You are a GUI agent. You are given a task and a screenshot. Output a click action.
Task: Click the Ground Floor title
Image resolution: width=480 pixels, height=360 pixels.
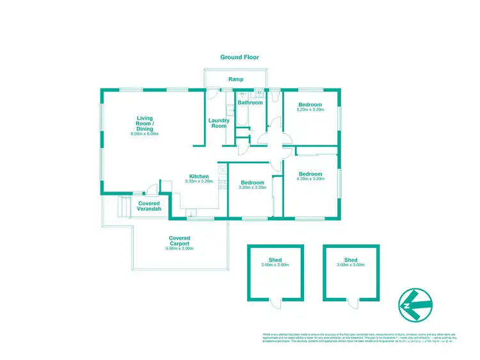tap(239, 57)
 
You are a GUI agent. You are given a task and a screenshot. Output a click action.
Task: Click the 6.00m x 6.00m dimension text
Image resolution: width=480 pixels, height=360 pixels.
tap(145, 134)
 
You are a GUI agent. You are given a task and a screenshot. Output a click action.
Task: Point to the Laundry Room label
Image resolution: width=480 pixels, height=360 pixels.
tap(218, 123)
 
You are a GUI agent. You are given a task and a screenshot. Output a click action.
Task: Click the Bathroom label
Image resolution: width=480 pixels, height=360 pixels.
tap(250, 102)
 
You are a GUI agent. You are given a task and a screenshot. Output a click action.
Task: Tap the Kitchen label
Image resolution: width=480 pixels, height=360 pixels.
tap(198, 176)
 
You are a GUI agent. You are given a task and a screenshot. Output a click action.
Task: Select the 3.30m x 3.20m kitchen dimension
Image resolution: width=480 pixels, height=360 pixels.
tap(198, 182)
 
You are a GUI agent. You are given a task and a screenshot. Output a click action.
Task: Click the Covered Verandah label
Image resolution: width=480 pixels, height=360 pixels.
tap(149, 206)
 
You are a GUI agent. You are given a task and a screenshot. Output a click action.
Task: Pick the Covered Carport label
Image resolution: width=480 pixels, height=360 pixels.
tap(179, 241)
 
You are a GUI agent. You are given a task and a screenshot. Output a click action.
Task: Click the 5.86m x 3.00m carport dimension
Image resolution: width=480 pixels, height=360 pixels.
tap(179, 248)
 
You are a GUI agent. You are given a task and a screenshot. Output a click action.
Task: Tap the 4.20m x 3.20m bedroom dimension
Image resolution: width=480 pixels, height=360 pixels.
tap(310, 179)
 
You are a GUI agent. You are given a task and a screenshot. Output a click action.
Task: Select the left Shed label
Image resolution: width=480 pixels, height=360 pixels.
tap(275, 259)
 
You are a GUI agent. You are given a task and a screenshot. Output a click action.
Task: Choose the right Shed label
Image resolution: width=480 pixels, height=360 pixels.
tap(350, 259)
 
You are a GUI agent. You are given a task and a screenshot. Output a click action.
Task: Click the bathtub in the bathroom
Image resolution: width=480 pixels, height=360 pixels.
tap(242, 119)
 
